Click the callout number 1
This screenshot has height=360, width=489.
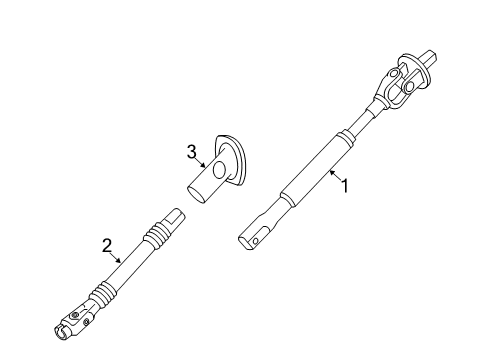click(x=345, y=185)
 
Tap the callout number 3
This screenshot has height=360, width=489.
click(x=190, y=151)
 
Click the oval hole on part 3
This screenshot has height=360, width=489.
click(x=217, y=166)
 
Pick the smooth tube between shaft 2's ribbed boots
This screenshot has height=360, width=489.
click(x=127, y=270)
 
